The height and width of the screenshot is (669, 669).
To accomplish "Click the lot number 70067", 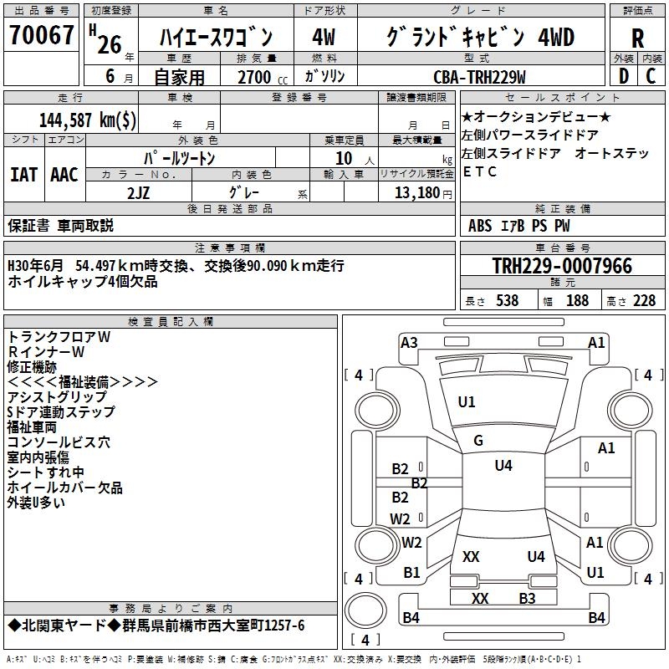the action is click(x=41, y=36).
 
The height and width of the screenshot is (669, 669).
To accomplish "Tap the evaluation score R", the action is click(x=637, y=38).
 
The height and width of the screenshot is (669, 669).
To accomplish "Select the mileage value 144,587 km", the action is click(x=88, y=120).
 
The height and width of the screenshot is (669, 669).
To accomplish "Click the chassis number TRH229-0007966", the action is click(x=562, y=267).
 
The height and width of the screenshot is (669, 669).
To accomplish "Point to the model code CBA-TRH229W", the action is click(x=479, y=77).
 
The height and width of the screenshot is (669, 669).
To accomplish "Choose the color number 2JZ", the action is click(x=139, y=192).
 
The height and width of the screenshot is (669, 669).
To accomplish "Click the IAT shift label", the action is click(x=23, y=175).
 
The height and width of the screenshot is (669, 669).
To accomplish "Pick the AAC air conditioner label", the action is click(x=64, y=175).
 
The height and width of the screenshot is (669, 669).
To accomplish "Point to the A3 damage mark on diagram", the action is click(x=409, y=342).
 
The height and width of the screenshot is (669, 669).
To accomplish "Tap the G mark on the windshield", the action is click(x=478, y=441).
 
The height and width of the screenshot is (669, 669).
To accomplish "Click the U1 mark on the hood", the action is click(x=467, y=401).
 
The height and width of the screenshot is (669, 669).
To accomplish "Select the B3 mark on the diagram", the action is click(x=527, y=598).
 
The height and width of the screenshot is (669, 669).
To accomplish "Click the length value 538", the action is click(x=507, y=300).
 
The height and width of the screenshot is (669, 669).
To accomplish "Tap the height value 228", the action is click(x=644, y=300).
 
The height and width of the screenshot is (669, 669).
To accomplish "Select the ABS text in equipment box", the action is click(x=480, y=225).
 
